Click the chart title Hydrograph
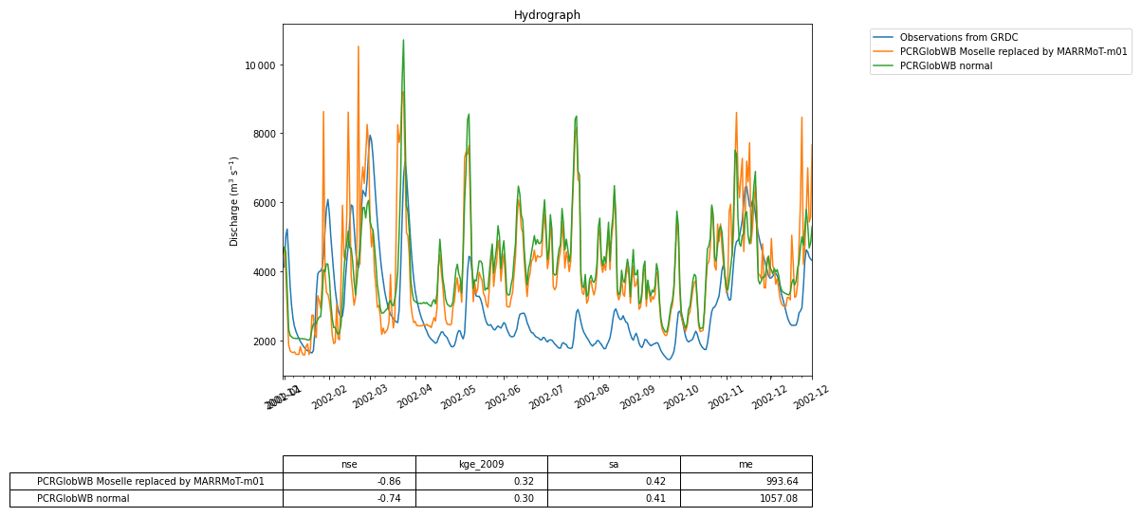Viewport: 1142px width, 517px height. tap(546, 15)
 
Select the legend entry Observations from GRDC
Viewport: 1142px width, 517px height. tap(958, 37)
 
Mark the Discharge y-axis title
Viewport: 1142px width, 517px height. tap(234, 201)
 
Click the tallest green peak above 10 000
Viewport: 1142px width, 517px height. tap(403, 41)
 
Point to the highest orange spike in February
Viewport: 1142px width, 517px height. tap(358, 46)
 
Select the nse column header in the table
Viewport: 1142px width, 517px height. tap(349, 464)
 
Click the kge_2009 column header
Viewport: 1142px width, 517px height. tap(481, 464)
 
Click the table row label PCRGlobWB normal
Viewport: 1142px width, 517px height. tap(83, 498)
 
